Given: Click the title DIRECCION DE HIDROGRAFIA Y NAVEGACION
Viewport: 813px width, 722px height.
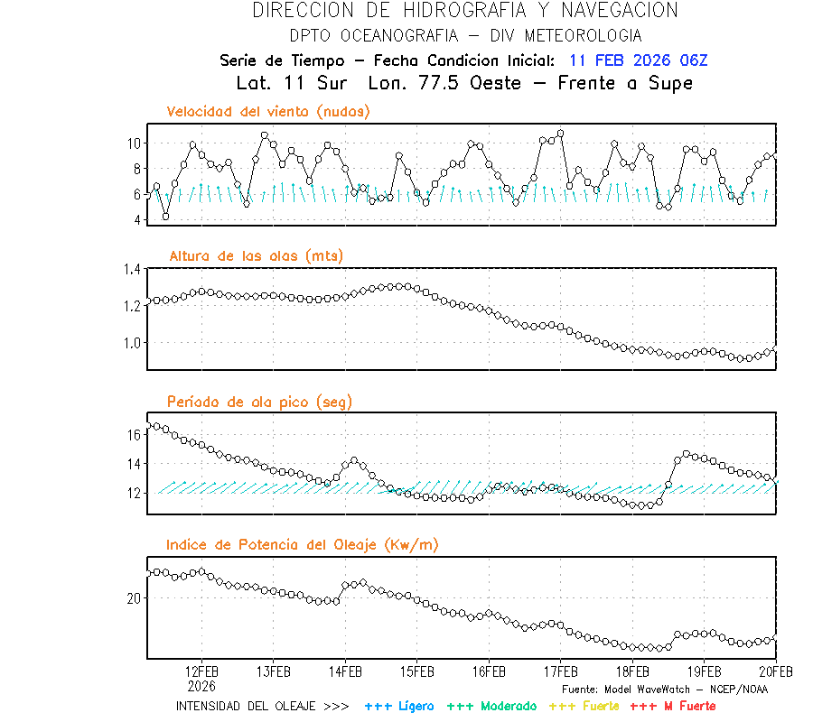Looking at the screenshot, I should pos(465,11).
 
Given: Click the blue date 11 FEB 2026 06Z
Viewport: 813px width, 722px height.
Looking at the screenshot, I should pos(639,60).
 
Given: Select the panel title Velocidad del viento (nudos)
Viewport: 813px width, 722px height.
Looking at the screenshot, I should pos(268,112).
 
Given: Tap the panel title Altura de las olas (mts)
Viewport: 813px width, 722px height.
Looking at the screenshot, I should pos(257,256).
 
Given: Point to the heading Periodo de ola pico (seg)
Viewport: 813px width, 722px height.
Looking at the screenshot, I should pos(259,402).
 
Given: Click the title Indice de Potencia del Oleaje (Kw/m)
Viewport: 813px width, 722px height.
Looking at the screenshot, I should pos(303,545).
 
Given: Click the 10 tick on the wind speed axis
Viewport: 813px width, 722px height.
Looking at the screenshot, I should pos(133,143).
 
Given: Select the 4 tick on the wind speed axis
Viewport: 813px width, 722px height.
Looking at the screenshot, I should pos(136,219).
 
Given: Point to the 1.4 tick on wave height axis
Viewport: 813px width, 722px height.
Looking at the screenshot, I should pos(131,269).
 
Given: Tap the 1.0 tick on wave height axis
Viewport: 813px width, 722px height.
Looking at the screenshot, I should pos(131,343).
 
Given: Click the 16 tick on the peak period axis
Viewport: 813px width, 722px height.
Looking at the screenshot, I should pos(133,435).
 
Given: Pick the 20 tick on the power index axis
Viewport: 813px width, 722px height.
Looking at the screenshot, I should pos(133,598).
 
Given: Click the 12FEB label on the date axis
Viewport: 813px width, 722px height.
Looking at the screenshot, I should pos(201,671).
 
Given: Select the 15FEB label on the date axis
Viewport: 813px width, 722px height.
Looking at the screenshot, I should pos(416,671).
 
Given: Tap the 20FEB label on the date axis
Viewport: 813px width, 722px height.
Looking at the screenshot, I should pos(775,671).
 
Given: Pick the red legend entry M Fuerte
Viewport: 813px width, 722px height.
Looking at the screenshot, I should pos(673,706).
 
